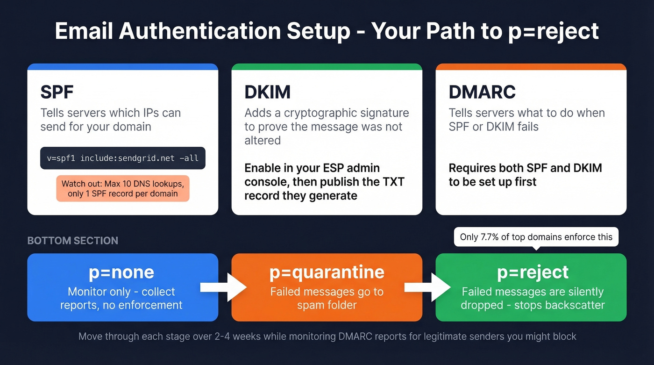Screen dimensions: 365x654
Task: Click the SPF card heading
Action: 57,92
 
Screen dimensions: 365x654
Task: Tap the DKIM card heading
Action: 267,92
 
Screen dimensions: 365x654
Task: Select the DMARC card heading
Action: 482,92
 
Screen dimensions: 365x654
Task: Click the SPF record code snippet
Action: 123,158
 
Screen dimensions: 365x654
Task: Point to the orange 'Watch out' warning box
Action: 123,188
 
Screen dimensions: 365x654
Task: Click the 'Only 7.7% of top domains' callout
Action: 536,237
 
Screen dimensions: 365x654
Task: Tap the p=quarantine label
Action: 327,272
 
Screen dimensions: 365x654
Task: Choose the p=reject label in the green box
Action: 533,272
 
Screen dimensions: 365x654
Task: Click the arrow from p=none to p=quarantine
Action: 223,287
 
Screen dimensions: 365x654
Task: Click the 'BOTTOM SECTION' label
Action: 72,241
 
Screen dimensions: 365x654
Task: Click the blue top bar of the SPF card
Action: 123,67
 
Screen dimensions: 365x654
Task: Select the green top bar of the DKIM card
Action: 327,67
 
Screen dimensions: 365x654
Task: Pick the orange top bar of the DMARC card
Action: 531,67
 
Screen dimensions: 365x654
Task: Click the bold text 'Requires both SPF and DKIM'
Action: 525,168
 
